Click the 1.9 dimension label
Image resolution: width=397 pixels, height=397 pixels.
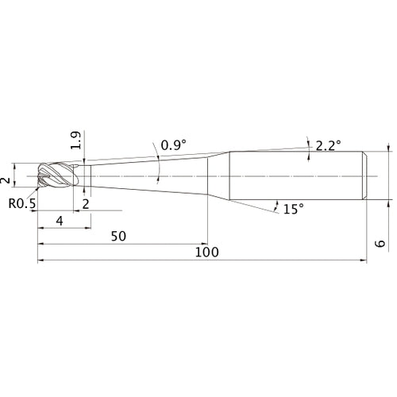(x=75, y=140)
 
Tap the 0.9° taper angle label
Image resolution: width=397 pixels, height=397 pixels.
(x=174, y=145)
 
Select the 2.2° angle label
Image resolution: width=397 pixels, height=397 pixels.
(x=328, y=145)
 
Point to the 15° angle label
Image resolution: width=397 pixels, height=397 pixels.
(x=294, y=209)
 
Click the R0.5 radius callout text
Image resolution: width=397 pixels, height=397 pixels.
(x=22, y=203)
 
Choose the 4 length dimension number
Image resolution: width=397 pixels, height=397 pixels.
(x=60, y=221)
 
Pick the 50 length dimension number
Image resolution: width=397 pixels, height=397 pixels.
(x=118, y=236)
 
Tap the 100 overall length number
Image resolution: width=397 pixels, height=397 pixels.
(x=206, y=252)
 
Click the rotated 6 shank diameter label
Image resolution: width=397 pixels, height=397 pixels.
(x=380, y=243)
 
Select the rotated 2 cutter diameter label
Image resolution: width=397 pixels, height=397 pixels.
(x=5, y=180)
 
